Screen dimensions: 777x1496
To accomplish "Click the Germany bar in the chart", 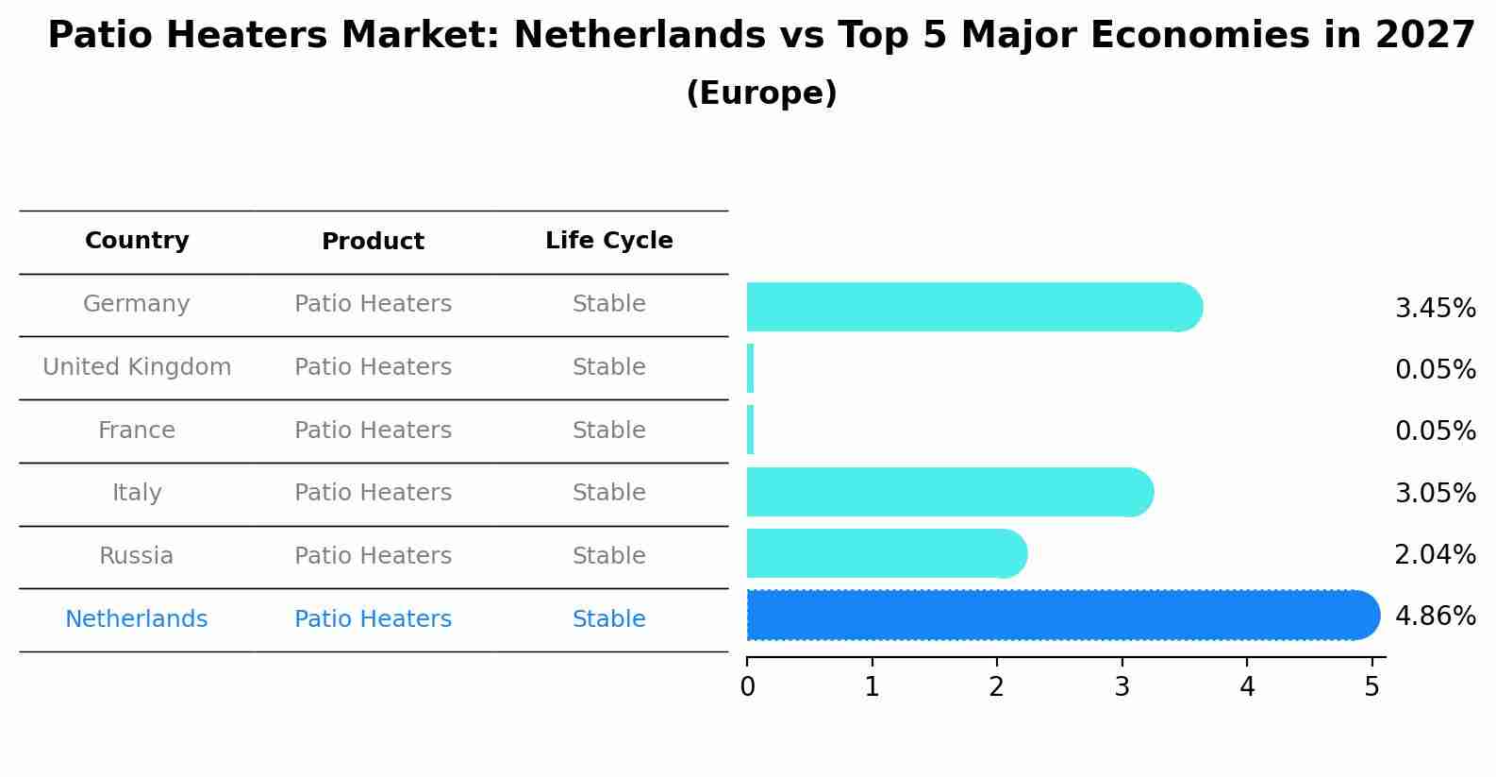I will [972, 307].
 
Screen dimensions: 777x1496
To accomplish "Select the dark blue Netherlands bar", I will [1061, 616].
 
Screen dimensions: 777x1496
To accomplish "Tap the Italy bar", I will [948, 492].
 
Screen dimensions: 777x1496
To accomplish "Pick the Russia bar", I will [885, 553].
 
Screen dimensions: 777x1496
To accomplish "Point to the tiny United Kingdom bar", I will [751, 368].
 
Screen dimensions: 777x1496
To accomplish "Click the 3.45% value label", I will [1435, 309].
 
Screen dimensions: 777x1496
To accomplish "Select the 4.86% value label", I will [1435, 617].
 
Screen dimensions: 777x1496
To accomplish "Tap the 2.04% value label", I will [1435, 554].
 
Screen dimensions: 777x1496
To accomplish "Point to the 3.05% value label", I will [1435, 493].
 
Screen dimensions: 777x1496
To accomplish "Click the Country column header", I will [137, 241].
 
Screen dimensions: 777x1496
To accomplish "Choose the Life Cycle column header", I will [608, 241].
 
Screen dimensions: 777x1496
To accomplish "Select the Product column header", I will [373, 242].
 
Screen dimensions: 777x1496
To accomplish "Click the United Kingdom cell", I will [137, 367].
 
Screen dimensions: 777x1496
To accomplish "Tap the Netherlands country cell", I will [137, 619].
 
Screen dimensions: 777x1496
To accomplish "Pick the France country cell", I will [137, 431].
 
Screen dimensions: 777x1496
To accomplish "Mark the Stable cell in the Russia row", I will [608, 556].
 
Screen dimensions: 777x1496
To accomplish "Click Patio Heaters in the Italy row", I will [373, 493].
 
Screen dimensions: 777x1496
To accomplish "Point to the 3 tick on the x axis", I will [1122, 686].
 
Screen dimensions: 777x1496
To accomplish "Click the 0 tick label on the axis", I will [747, 686].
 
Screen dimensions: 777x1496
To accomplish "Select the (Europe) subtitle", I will [761, 93].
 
